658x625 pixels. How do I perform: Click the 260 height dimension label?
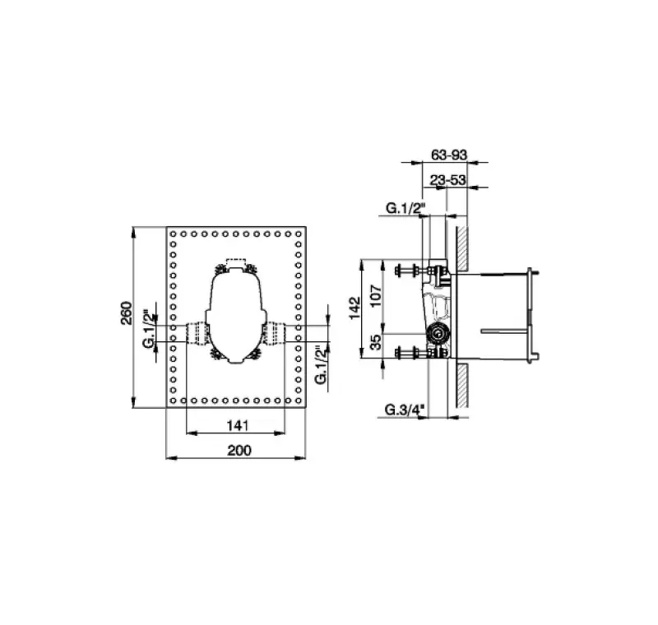pos(127,312)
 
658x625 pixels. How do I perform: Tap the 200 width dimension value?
pos(239,450)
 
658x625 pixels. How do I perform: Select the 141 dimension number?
pos(238,425)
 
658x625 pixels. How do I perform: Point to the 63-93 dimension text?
pos(448,155)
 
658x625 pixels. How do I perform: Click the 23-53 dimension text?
pos(447,180)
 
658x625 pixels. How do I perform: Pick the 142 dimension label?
pos(355,308)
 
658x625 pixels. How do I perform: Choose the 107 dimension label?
pos(376,295)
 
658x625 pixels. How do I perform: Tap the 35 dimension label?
pos(376,342)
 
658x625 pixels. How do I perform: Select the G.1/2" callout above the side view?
pos(405,207)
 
